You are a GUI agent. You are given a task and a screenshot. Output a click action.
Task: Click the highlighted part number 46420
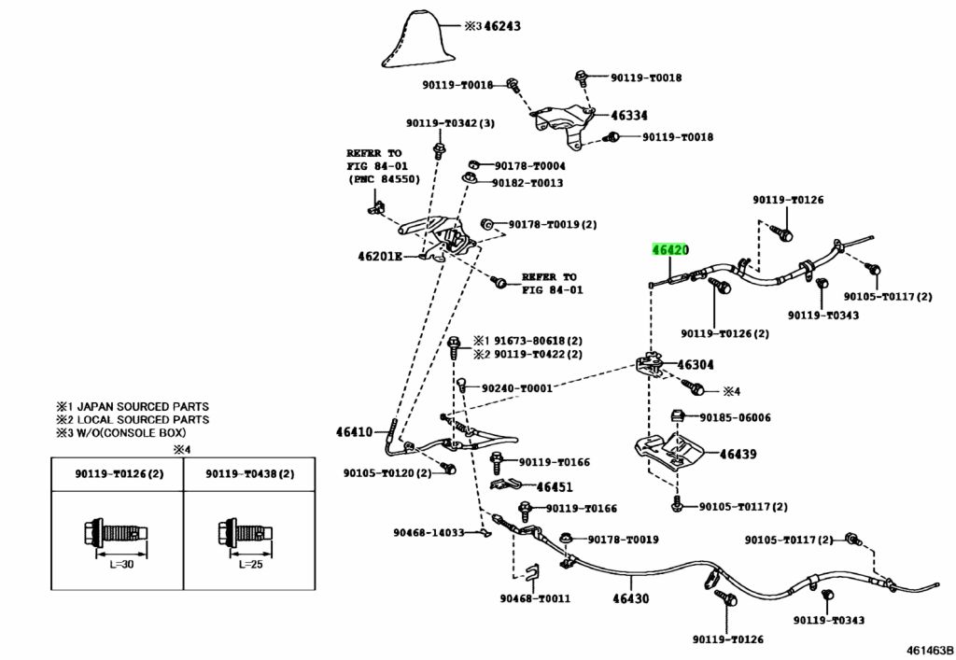point(670,250)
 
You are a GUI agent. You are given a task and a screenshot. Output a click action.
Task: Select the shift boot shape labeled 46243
point(419,39)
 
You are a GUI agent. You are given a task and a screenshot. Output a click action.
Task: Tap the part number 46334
point(629,115)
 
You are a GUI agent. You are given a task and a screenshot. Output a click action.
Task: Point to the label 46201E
point(380,256)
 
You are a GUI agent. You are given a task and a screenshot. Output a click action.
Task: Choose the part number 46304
point(695,364)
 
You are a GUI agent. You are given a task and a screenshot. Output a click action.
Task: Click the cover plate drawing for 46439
point(668,452)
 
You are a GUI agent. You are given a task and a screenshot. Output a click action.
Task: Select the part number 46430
point(631,598)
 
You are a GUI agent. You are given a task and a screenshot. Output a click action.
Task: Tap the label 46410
point(354,432)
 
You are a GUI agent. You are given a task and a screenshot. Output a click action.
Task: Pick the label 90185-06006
point(736,417)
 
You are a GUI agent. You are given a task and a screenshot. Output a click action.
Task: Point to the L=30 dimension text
point(121,565)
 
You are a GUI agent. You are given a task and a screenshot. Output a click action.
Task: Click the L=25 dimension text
point(250,565)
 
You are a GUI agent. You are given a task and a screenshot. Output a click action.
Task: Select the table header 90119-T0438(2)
point(249,473)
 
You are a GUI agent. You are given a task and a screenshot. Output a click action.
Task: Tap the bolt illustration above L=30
point(115,535)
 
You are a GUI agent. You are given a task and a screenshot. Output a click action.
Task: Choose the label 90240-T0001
point(517,388)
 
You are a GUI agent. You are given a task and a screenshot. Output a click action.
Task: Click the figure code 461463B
point(929,650)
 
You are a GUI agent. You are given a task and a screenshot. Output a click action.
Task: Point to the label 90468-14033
point(429,533)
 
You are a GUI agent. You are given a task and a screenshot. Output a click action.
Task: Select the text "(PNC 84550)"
point(384,179)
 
